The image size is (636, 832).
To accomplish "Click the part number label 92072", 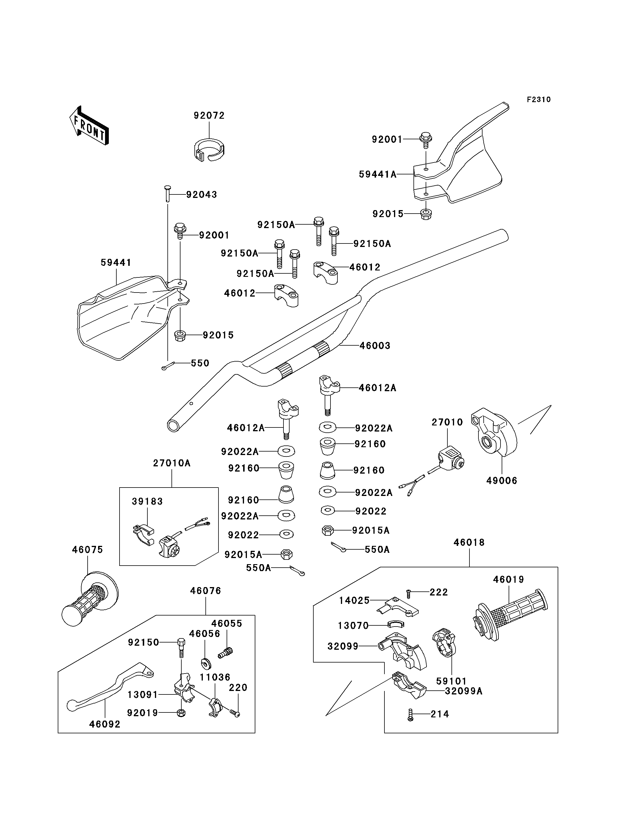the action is click(x=209, y=115).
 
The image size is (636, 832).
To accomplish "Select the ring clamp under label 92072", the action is click(x=209, y=150).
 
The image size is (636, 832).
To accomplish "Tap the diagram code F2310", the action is click(x=539, y=100).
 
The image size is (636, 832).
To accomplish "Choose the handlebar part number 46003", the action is click(x=375, y=345).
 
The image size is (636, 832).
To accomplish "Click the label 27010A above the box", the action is click(x=172, y=463).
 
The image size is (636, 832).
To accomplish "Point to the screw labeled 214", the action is click(x=410, y=714).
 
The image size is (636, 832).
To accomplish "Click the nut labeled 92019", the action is click(x=181, y=713).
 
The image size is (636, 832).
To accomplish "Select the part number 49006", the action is click(x=502, y=481).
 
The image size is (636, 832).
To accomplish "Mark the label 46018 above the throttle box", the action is click(x=469, y=542).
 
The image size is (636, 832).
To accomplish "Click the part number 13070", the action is click(x=353, y=626).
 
